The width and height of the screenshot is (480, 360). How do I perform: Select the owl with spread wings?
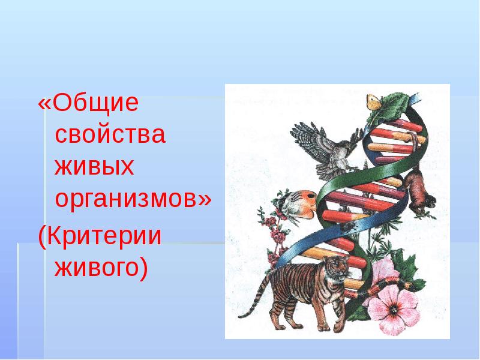(327, 144)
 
